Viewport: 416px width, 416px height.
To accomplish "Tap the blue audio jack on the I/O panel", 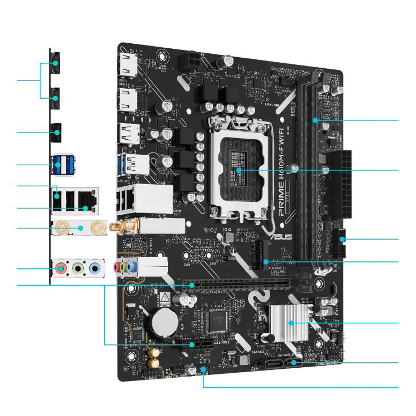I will (x=95, y=270).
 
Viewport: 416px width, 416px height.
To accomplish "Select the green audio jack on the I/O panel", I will (x=78, y=270).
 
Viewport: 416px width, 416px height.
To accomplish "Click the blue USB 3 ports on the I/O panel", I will (x=62, y=164).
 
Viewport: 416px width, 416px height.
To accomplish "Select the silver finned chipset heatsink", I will (x=288, y=322).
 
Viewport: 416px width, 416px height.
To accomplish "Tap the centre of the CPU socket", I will (x=239, y=169).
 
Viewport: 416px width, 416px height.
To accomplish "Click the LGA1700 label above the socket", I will (x=272, y=103).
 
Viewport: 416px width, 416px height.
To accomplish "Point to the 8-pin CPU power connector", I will (x=192, y=60).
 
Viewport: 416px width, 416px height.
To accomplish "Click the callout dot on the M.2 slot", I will (x=266, y=261).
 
